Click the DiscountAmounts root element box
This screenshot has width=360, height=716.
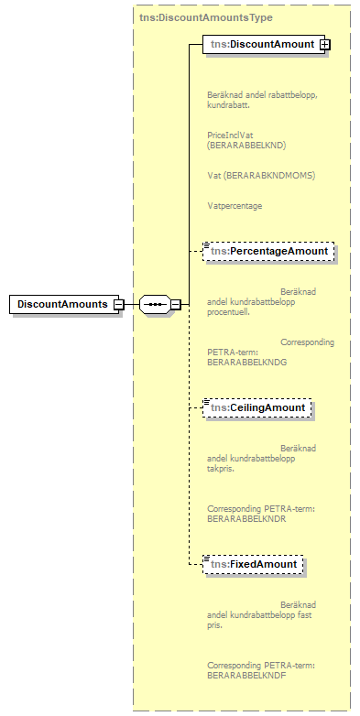coord(60,304)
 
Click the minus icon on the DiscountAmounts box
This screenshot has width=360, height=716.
coord(118,304)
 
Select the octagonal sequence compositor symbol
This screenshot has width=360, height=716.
coord(153,304)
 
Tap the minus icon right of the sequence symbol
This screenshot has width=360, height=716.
coord(175,304)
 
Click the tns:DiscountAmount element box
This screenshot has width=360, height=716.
coord(261,44)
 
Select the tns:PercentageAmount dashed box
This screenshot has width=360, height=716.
coord(267,251)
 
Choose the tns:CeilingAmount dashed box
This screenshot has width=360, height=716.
coord(259,407)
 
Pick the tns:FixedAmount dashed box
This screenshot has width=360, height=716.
coord(253,564)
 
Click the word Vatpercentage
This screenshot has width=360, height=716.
coord(235,206)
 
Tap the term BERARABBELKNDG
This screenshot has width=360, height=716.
coord(246,362)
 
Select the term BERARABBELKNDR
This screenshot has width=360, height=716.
coord(246,518)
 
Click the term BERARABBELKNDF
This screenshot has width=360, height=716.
coord(245,675)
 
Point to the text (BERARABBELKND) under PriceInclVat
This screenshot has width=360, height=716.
coord(246,145)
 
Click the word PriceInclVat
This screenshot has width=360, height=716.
coord(231,134)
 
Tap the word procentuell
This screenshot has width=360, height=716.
coord(228,311)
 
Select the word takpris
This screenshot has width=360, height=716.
coord(221,468)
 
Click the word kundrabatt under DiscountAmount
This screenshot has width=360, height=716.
coord(228,104)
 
